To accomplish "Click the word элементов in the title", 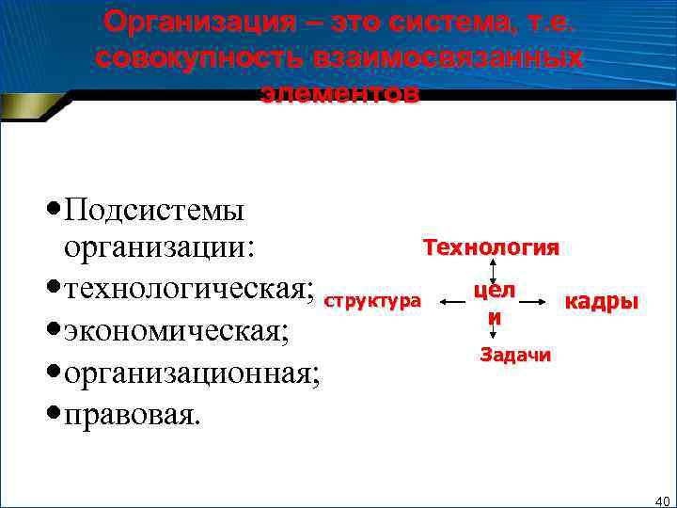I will tap(338, 93).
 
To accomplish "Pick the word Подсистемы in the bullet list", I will tap(154, 209).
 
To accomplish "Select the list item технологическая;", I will tap(188, 290).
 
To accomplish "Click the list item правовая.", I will tap(131, 413).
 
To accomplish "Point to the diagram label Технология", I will tap(490, 247).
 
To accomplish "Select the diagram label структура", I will tap(371, 302).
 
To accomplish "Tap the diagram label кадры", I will tap(600, 302).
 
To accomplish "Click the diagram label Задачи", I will tap(515, 355).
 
